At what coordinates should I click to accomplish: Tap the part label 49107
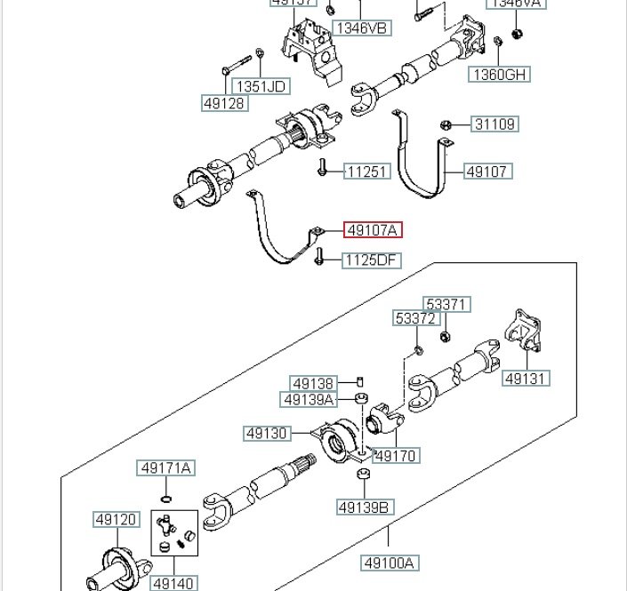point(489,172)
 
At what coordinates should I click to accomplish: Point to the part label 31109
point(494,124)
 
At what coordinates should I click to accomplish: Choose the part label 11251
point(367,171)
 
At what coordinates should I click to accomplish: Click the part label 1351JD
point(260,86)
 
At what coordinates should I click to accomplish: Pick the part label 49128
point(225,103)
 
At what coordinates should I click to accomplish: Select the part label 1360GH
point(500,75)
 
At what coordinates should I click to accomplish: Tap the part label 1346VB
point(363,28)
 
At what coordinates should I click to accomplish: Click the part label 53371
point(446,305)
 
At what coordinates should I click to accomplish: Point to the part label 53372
point(417,318)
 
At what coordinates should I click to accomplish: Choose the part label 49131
point(527,379)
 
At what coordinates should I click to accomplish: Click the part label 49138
point(313,384)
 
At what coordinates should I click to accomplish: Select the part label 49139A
point(309,400)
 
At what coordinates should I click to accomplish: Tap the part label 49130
point(268,434)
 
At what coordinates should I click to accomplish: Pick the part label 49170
point(396,456)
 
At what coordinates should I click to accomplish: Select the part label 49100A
point(390,563)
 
